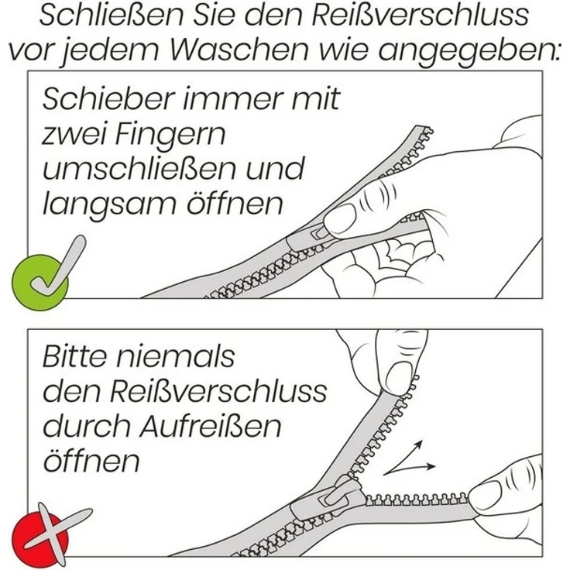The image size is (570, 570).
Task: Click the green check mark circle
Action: coord(40,276)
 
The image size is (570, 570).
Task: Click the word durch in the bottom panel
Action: coord(84,426)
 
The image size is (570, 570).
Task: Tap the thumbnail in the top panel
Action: coord(340,219)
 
